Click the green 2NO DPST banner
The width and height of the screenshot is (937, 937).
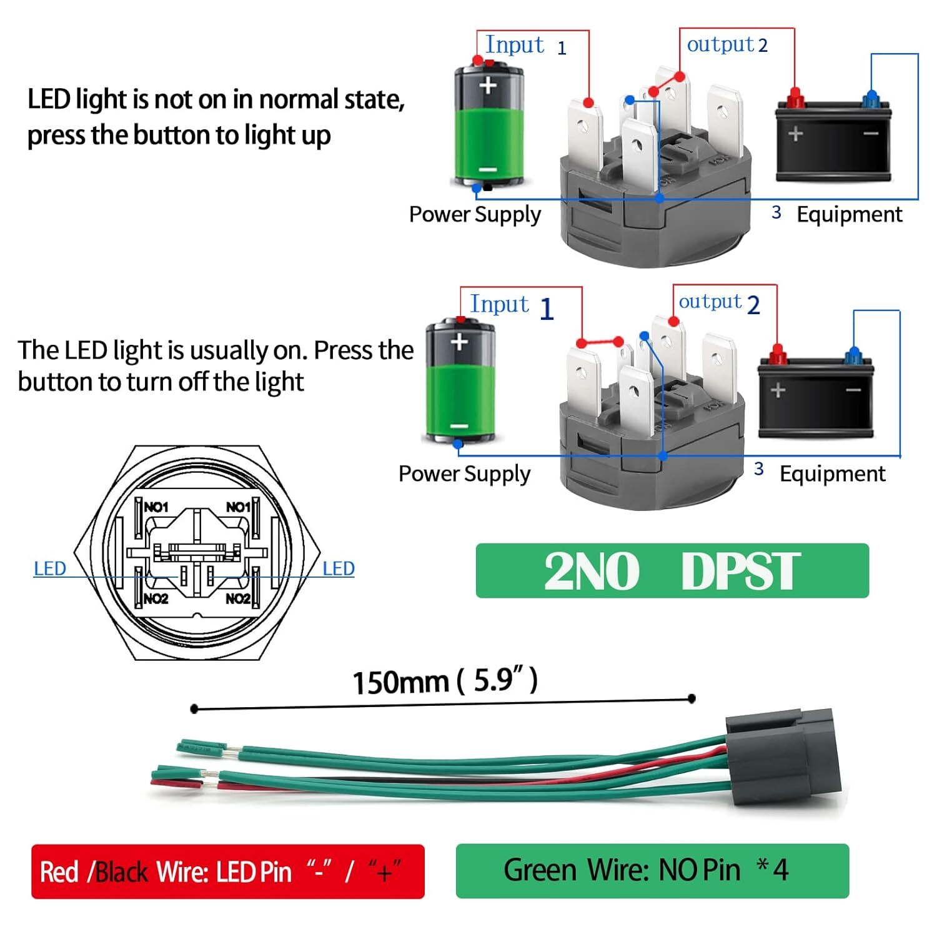point(672,570)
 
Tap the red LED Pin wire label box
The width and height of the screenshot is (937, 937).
point(228,871)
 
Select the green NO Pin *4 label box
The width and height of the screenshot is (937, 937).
point(652,871)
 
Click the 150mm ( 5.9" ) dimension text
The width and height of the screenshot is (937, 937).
point(445,681)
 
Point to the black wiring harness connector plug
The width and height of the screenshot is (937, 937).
point(783,757)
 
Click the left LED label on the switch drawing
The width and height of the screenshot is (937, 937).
point(50,568)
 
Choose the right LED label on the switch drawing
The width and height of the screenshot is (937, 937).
point(339,568)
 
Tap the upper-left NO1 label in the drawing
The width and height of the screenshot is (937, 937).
point(156,507)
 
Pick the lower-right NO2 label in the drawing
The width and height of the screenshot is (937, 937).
point(238,598)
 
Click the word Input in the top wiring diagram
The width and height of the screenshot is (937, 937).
point(515,45)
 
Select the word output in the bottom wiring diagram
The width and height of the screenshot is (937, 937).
point(710,302)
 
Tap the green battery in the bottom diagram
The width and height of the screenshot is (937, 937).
point(459,382)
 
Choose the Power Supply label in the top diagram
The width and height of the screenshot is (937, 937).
point(475,214)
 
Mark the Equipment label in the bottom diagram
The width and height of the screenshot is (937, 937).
point(832,474)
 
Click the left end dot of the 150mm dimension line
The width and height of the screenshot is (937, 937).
point(194,708)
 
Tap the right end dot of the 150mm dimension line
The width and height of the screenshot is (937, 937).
point(692,698)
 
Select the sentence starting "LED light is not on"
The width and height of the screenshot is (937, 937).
point(216,117)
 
